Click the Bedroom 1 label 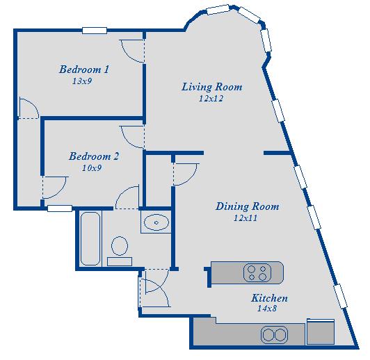(x=83, y=69)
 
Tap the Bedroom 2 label (x=93, y=157)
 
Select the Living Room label (x=211, y=87)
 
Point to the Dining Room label (x=247, y=206)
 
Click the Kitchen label (x=269, y=298)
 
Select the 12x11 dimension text (x=247, y=218)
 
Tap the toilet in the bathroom (x=120, y=247)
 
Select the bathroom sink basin (x=156, y=223)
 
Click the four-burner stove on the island (x=256, y=272)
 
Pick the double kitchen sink (x=274, y=336)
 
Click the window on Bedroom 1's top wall (x=94, y=30)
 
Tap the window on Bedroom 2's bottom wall (x=60, y=208)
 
